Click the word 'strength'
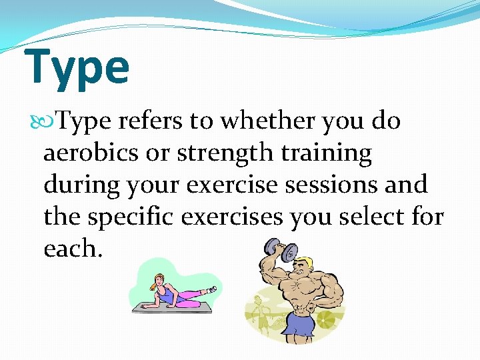(224, 153)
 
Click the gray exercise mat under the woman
(173, 307)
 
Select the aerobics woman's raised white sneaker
(213, 290)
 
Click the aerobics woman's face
(159, 281)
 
